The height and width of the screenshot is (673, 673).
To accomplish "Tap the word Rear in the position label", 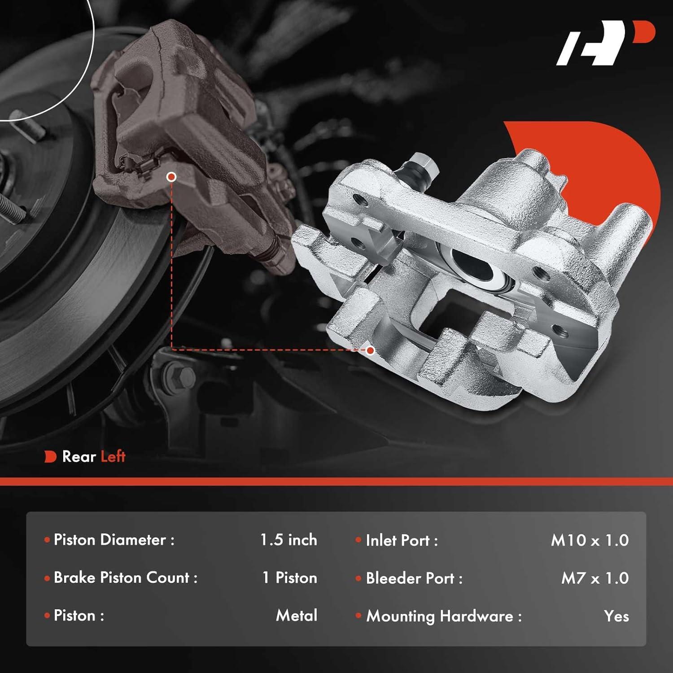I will pyautogui.click(x=79, y=457).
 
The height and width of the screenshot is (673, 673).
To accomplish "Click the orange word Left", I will pyautogui.click(x=113, y=457).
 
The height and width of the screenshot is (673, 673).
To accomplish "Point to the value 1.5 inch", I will pyautogui.click(x=288, y=540).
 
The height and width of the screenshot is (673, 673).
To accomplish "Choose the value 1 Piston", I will pyautogui.click(x=290, y=578).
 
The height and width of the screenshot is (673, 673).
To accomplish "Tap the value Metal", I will pyautogui.click(x=297, y=616).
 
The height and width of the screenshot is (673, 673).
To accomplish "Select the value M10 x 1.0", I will pyautogui.click(x=590, y=541).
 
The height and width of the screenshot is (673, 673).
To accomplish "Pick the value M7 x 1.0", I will pyautogui.click(x=595, y=578).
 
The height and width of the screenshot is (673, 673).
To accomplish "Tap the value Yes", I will pyautogui.click(x=616, y=616).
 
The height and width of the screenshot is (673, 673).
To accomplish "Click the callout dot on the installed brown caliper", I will pyautogui.click(x=171, y=177).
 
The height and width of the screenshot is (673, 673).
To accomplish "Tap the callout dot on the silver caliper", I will pyautogui.click(x=370, y=350).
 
